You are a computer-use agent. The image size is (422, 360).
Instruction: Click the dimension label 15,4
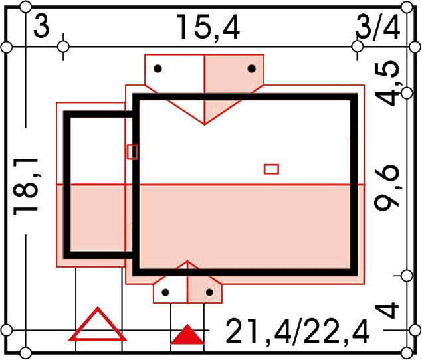[x=208, y=27]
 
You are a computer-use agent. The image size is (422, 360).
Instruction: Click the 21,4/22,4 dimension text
[x=297, y=331]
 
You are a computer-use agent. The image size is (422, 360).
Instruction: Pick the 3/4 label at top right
[x=377, y=27]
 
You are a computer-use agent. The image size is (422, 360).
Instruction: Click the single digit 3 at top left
[x=41, y=26]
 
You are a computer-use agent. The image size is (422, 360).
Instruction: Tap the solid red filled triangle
[x=187, y=334]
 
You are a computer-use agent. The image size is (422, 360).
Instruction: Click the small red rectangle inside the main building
[x=271, y=169]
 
